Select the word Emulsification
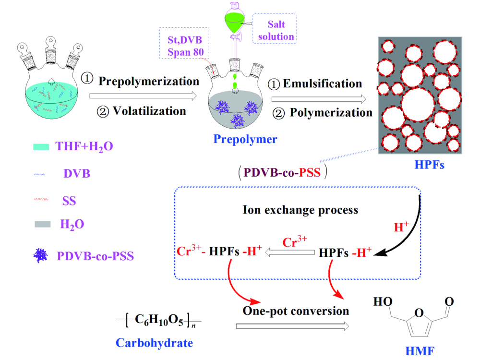(323, 84)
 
